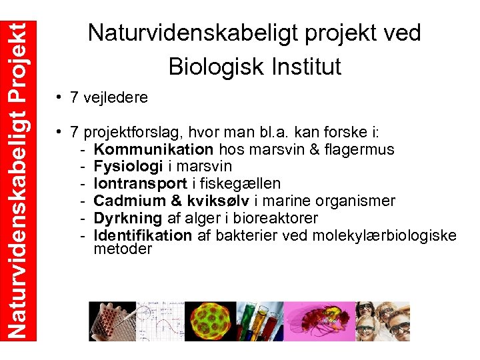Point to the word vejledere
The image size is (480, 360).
(x=117, y=98)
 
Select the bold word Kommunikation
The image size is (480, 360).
(x=153, y=149)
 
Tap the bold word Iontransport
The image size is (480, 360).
(x=140, y=183)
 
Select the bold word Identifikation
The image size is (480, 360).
(x=142, y=235)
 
